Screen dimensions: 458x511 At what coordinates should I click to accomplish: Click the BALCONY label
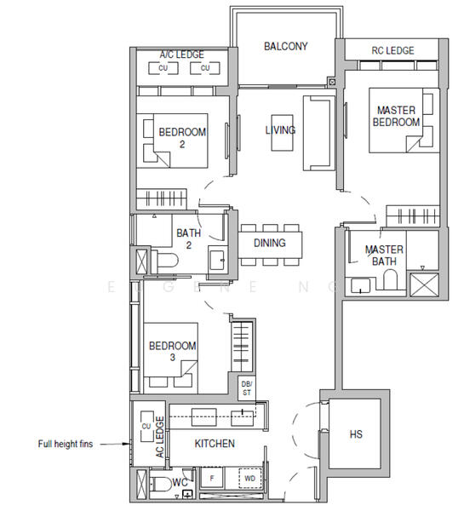coord(286,46)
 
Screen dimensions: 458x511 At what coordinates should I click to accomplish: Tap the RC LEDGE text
coord(392,50)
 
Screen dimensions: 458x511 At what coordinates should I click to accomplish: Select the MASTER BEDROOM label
coord(396,116)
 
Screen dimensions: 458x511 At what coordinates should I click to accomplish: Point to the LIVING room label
coord(280,130)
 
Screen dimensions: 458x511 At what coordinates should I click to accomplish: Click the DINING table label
coord(269,243)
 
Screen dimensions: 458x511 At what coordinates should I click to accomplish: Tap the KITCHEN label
coord(215,443)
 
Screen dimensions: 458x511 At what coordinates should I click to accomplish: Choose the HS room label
coord(356,434)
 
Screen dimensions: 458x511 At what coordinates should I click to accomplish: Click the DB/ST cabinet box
coord(247,388)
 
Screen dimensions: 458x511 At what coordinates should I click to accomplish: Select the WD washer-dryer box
coord(249,479)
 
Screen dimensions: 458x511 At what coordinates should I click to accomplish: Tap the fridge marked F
coord(212,479)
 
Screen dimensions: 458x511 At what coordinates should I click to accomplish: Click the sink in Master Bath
coord(360,286)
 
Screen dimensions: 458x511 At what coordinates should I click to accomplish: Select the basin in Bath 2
coord(217,260)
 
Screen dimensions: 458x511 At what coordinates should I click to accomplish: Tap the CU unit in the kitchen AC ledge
coord(146,427)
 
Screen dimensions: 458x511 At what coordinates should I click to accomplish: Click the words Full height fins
coord(66,444)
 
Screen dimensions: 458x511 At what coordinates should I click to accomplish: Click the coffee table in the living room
coord(282,133)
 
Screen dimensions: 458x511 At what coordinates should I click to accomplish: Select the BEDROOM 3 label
coord(172,351)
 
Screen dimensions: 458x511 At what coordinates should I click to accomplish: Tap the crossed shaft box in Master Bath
coord(424,284)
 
